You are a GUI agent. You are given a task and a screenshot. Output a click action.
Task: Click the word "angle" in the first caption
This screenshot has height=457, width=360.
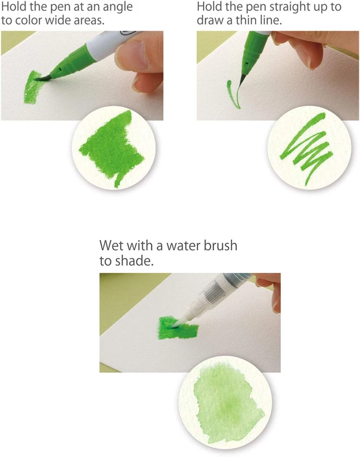point(117,7)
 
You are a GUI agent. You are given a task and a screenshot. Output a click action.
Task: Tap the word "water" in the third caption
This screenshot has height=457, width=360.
point(182,246)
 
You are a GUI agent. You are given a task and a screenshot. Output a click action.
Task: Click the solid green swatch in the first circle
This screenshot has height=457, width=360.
point(112,148)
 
